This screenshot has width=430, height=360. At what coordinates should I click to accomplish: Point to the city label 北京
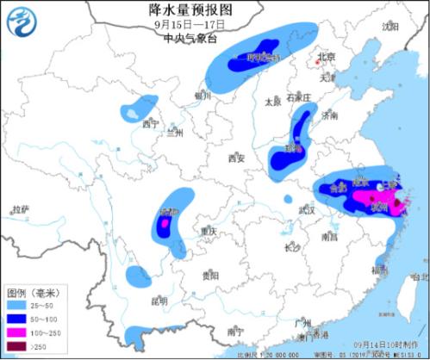click(x=325, y=59)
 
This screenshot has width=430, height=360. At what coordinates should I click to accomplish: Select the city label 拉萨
click(x=20, y=209)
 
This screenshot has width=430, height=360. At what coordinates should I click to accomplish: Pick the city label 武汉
click(x=306, y=210)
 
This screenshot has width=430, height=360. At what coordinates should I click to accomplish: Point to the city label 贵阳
click(x=211, y=276)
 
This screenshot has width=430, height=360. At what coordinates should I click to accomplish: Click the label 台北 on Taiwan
click(x=419, y=277)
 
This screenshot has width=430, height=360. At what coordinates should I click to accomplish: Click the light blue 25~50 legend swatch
click(x=14, y=306)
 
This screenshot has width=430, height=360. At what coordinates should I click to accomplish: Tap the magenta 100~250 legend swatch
click(x=14, y=332)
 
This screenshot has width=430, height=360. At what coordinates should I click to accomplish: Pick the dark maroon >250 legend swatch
click(x=14, y=346)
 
